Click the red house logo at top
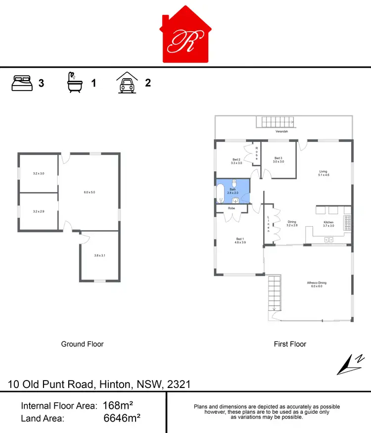point(185,36)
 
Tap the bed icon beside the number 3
point(22,83)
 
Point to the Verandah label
point(282,132)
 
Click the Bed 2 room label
point(236,161)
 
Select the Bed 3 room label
point(278,160)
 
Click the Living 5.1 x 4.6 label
point(324,173)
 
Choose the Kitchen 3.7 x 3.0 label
point(329,224)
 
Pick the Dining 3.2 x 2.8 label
point(292,224)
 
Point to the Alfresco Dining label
point(317,285)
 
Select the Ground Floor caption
point(82,344)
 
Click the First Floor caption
point(290,344)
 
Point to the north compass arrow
point(350,365)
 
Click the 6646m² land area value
point(122,418)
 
